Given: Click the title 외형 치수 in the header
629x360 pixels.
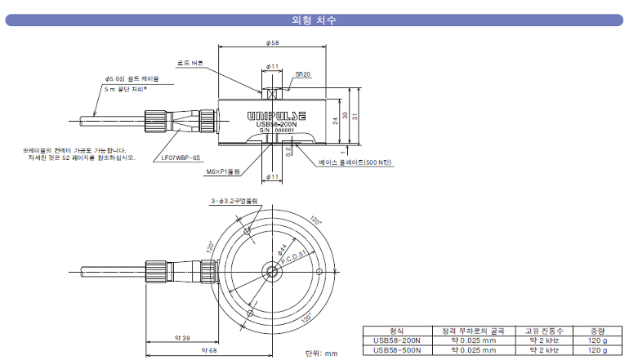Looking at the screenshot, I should (x=314, y=20).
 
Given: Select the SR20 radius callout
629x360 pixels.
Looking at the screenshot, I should (x=302, y=73).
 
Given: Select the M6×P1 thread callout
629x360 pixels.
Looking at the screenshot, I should (x=223, y=172).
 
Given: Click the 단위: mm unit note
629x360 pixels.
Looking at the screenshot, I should (x=320, y=353).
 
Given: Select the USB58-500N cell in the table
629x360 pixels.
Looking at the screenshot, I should (x=396, y=350).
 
